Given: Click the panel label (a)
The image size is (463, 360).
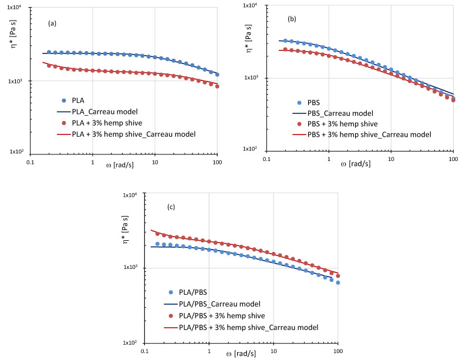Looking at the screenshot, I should pyautogui.click(x=52, y=25).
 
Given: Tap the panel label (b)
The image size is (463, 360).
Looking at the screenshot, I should pyautogui.click(x=292, y=19).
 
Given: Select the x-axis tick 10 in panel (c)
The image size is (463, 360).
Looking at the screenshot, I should pyautogui.click(x=273, y=351).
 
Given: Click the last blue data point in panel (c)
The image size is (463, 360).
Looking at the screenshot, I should pyautogui.click(x=338, y=282).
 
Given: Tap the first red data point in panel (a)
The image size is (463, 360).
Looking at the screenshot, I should pyautogui.click(x=49, y=65).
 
